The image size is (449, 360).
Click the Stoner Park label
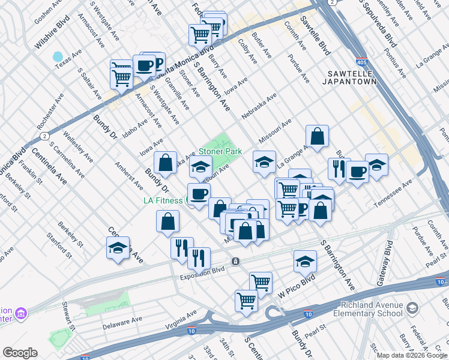pyautogui.click(x=220, y=152)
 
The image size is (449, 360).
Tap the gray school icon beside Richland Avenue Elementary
pyautogui.click(x=412, y=308)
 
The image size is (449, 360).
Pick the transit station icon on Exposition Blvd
pyautogui.click(x=236, y=262)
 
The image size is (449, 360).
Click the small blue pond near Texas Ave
pyautogui.click(x=58, y=56)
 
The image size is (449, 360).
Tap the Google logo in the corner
pyautogui.click(x=19, y=353)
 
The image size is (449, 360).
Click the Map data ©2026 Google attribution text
pyautogui.click(x=412, y=355)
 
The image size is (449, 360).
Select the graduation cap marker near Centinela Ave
pyautogui.click(x=118, y=248)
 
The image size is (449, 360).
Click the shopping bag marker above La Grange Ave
pyautogui.click(x=318, y=136)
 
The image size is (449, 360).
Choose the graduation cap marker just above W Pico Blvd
pyautogui.click(x=305, y=262)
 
